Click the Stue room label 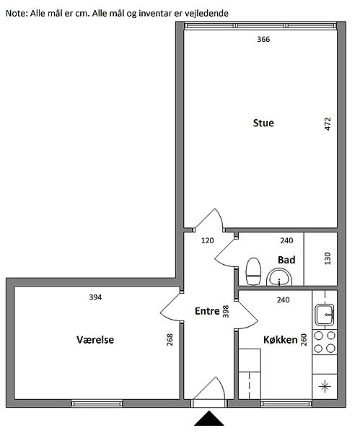click(x=263, y=123)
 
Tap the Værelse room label click(x=95, y=340)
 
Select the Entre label click(x=207, y=311)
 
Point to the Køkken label click(x=281, y=340)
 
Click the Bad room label click(x=286, y=260)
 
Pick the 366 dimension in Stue click(x=263, y=39)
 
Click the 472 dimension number click(x=328, y=124)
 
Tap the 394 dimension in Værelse click(x=95, y=297)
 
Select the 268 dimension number click(x=170, y=340)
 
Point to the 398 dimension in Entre click(x=226, y=311)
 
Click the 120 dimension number click(x=207, y=241)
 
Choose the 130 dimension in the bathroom click(x=328, y=258)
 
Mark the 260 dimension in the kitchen click(x=304, y=340)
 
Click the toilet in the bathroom click(x=253, y=271)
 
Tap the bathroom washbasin click(x=279, y=277)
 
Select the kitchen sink click(x=325, y=315)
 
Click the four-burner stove click(x=325, y=342)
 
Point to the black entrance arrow click(x=209, y=419)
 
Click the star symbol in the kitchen click(x=325, y=386)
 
